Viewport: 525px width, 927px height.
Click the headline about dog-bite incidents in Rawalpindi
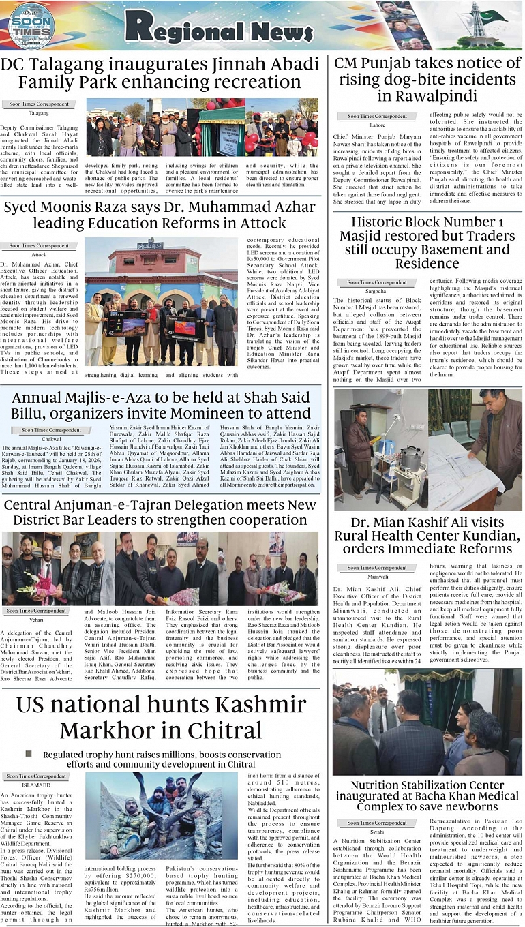(x=427, y=80)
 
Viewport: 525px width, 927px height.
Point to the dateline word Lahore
(x=377, y=125)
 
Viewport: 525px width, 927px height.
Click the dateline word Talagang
(x=39, y=113)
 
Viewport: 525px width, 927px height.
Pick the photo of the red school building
(x=161, y=300)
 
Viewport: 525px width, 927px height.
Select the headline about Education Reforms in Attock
(x=161, y=214)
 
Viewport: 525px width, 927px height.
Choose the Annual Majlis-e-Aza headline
(x=161, y=405)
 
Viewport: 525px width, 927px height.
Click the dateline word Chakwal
(x=51, y=439)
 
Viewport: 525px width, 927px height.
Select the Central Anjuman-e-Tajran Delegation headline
(x=160, y=513)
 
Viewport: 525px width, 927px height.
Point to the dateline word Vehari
(x=36, y=620)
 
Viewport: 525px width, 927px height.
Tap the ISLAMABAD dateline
(x=37, y=785)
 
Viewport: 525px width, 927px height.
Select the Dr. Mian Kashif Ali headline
(x=427, y=536)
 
